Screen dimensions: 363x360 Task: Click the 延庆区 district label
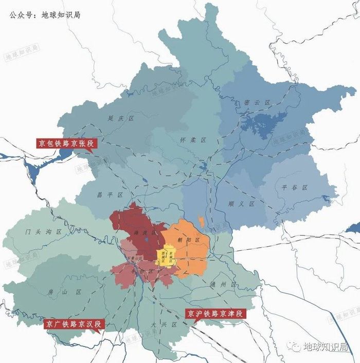point(121,118)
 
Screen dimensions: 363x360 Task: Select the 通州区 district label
point(222,284)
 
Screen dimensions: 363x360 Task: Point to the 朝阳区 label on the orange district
point(190,240)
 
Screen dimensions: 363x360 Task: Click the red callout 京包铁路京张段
point(65,143)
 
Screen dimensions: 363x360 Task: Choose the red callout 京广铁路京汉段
point(74,324)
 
